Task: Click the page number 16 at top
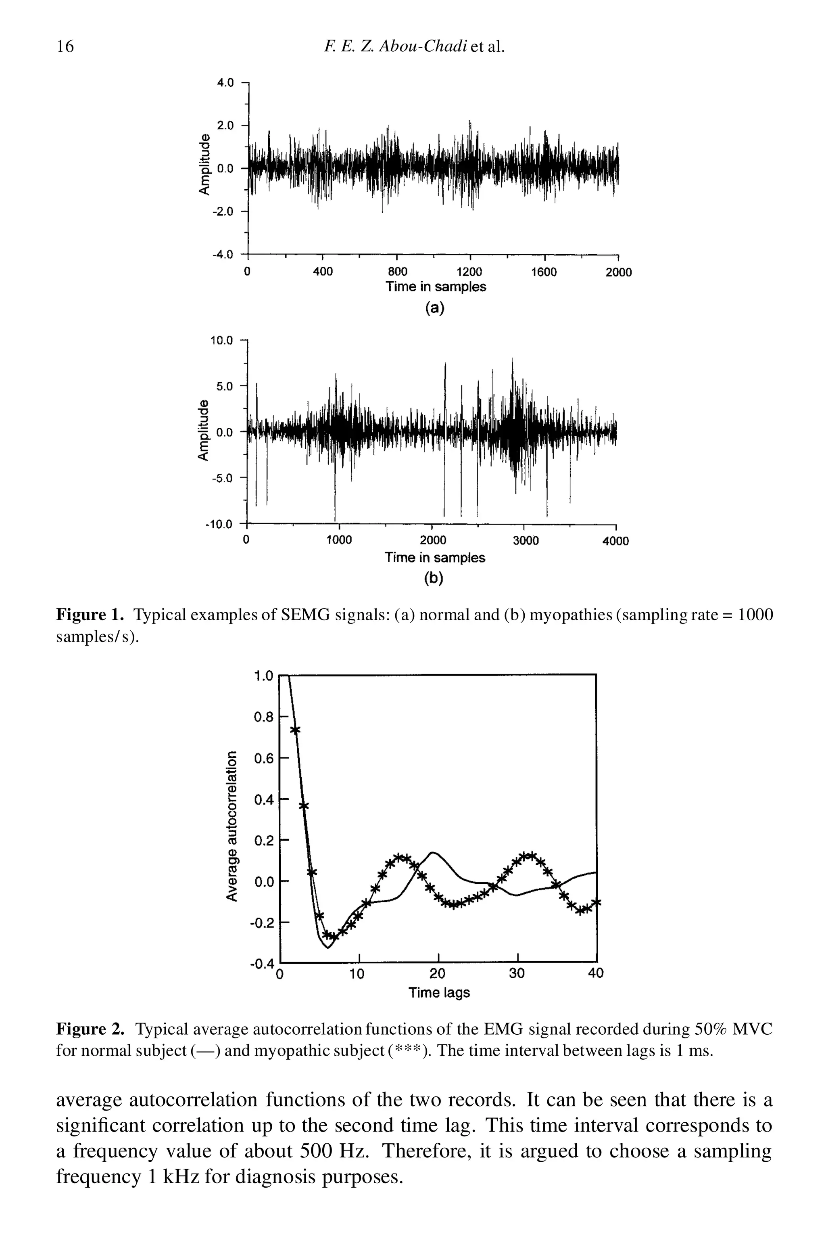point(65,48)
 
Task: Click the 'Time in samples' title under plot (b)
point(435,558)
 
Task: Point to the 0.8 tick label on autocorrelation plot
point(263,717)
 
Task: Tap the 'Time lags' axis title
point(439,993)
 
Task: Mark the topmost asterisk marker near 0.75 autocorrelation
point(295,730)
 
